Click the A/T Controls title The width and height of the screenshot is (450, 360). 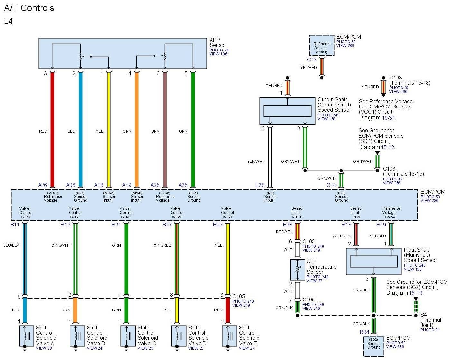[29, 8]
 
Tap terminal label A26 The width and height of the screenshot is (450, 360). [42, 185]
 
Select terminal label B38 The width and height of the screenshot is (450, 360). [260, 185]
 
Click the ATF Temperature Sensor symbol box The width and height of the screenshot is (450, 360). [297, 270]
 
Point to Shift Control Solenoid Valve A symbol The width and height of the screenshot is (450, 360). [27, 336]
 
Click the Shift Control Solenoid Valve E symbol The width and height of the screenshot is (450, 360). [230, 336]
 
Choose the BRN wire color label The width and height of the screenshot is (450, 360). [155, 131]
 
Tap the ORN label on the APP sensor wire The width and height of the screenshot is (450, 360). [127, 131]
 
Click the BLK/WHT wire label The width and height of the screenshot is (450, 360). [256, 162]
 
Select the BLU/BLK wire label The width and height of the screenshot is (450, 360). [11, 245]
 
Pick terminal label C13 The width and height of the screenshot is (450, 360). [312, 60]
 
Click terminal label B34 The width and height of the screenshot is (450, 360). [364, 332]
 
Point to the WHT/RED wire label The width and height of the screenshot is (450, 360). [342, 236]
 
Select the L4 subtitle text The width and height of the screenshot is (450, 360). [8, 21]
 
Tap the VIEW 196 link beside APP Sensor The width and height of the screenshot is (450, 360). [218, 54]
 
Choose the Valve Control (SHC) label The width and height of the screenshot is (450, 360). [126, 212]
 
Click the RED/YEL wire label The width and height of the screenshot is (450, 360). [284, 232]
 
